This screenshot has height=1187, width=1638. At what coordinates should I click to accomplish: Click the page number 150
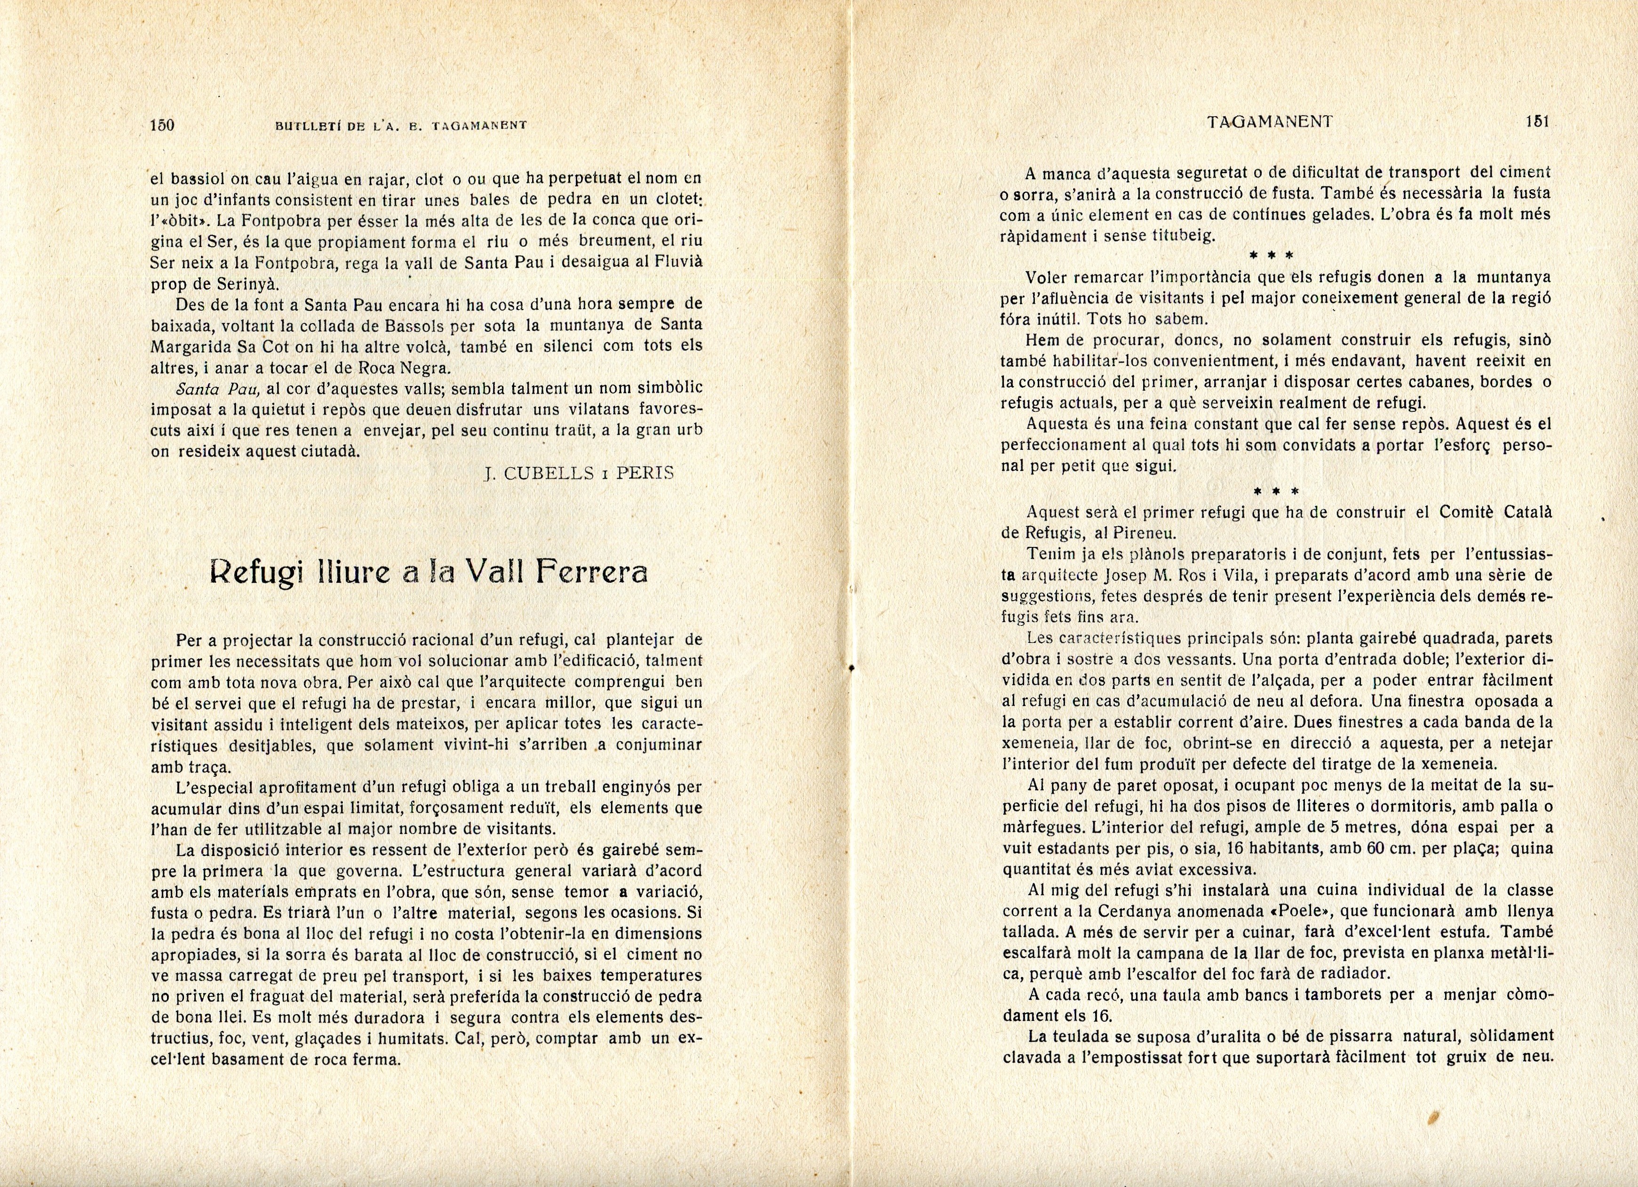click(162, 125)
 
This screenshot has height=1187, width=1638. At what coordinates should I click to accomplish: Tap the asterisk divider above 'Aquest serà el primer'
click(1275, 491)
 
